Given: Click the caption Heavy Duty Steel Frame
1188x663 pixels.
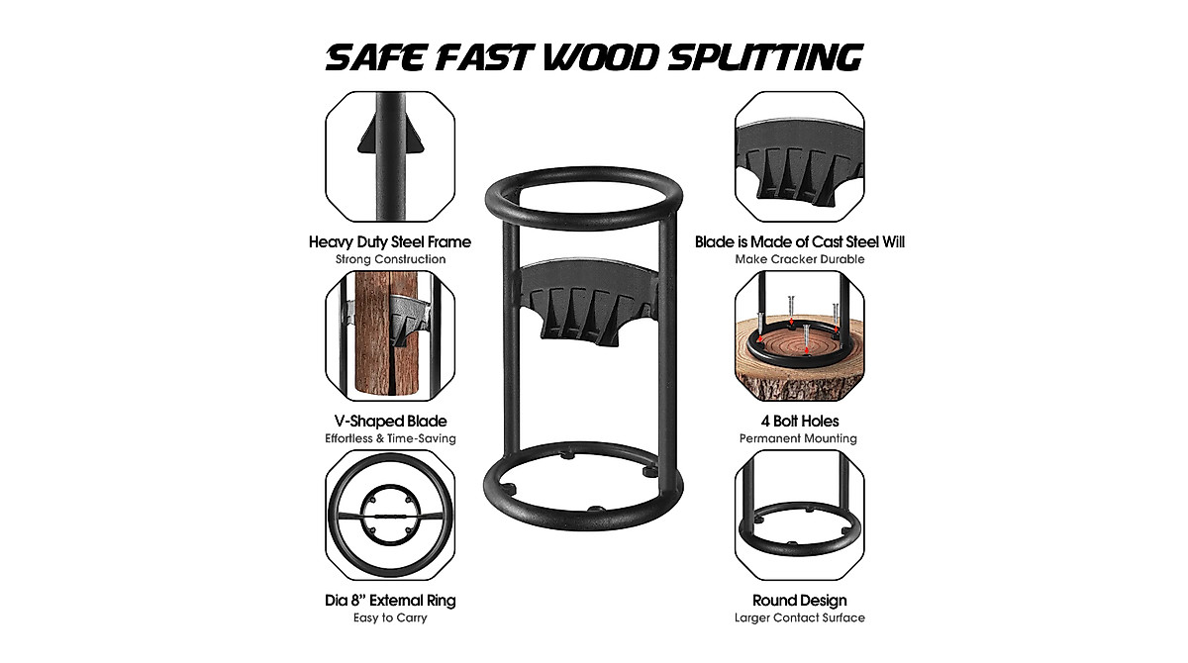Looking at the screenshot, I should [390, 241].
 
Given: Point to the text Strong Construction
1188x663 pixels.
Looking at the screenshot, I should [390, 259].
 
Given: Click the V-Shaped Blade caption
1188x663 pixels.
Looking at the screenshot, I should [390, 421].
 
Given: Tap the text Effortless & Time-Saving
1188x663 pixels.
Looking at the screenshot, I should [390, 438].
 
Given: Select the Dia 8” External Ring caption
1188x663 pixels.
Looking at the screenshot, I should [390, 601].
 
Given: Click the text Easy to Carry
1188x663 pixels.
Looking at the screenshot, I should [390, 618].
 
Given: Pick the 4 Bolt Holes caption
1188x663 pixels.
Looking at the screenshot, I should [799, 421].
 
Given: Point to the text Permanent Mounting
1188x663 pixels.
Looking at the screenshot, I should [799, 438].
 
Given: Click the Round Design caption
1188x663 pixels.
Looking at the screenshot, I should [799, 601].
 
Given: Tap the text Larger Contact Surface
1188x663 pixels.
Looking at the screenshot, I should [799, 618].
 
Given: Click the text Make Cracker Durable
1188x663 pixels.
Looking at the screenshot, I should [799, 259].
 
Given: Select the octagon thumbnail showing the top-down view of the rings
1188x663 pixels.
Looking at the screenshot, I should [390, 516].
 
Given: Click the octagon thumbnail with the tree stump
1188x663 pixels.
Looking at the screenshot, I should [799, 336].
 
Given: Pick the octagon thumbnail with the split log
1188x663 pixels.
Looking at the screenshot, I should [390, 336].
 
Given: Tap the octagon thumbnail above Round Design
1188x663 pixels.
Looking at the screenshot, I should [799, 516].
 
